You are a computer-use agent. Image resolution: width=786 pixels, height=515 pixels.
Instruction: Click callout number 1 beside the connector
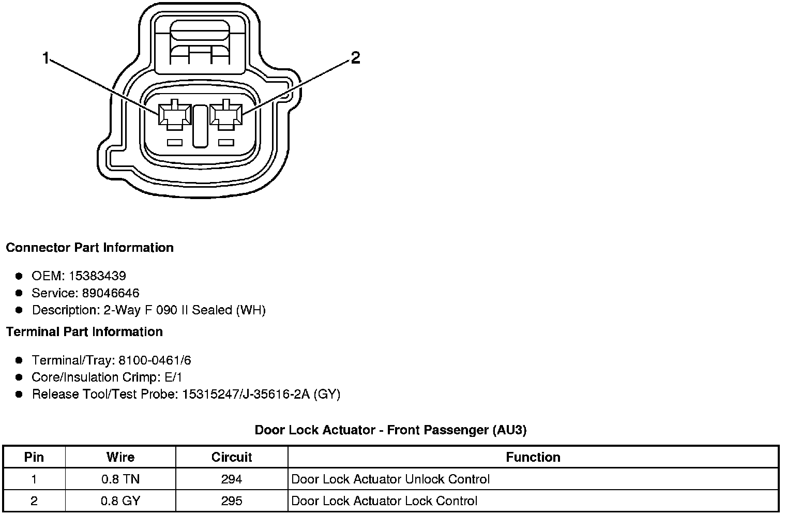46,58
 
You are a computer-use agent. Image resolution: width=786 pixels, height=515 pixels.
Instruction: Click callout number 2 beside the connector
355,58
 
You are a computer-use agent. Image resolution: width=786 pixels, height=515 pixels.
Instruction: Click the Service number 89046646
111,293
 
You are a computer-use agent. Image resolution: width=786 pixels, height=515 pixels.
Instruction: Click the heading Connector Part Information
89,248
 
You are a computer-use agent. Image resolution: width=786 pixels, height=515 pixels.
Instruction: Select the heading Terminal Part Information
84,331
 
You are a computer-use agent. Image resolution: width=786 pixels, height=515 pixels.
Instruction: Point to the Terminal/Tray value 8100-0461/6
155,360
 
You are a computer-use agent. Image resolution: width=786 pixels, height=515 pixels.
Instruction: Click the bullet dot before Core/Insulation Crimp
19,377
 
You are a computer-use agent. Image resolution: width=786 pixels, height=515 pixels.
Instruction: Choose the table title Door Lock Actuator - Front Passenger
390,430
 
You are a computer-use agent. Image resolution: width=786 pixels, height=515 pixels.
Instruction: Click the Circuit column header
231,457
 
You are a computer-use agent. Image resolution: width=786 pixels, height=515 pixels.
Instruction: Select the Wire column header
120,457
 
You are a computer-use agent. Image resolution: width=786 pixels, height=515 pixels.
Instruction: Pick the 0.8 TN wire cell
120,479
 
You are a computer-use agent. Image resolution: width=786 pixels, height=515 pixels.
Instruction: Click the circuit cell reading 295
231,501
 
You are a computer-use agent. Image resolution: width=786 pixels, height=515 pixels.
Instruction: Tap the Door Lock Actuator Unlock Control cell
390,479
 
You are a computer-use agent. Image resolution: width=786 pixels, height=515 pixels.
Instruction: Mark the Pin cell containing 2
34,501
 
